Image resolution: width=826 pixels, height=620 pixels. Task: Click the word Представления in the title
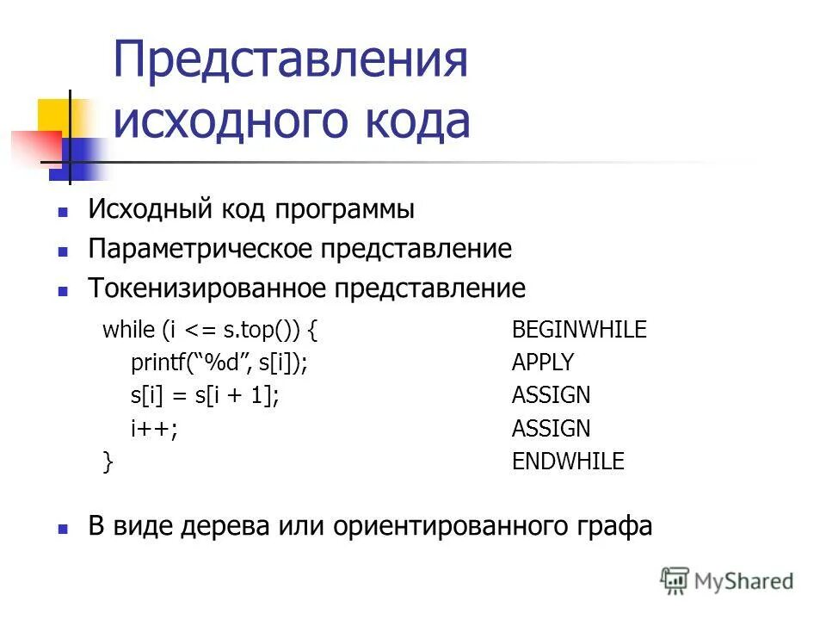click(x=291, y=62)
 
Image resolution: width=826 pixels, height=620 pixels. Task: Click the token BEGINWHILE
click(x=579, y=330)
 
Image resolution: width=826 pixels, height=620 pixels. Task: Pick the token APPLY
click(x=543, y=363)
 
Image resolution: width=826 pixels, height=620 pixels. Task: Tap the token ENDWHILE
click(x=568, y=462)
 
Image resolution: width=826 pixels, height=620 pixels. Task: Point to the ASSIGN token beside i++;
click(x=552, y=428)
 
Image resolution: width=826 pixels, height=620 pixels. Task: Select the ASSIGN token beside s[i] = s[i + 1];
click(x=552, y=395)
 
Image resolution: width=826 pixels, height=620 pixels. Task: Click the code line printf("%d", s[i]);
click(x=219, y=363)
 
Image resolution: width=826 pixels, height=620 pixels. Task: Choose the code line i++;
click(x=155, y=428)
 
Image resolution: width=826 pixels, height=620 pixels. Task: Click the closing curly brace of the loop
click(x=108, y=462)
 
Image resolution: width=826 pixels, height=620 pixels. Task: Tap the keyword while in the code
click(x=126, y=330)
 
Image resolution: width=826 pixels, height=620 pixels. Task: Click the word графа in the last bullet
click(x=613, y=526)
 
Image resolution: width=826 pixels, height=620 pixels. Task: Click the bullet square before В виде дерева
click(x=62, y=527)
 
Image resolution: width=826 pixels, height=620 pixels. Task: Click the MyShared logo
click(x=727, y=581)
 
